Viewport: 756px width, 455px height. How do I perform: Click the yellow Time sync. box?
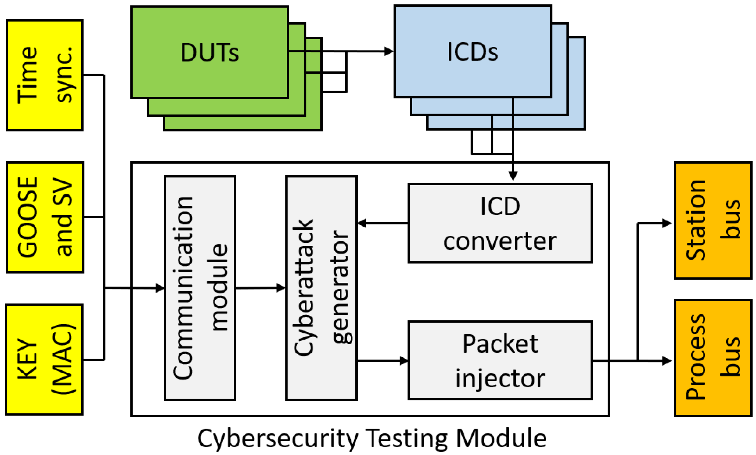[44, 75]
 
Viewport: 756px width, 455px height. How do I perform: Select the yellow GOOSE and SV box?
[45, 217]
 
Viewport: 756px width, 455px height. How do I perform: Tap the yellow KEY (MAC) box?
[44, 359]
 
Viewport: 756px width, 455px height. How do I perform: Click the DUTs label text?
[210, 52]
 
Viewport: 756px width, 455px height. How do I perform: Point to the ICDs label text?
[472, 52]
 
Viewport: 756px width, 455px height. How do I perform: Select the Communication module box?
[200, 288]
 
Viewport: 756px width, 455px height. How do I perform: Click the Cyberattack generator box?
[321, 288]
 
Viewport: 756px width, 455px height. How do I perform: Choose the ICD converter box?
[500, 223]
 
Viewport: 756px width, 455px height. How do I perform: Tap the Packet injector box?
[500, 360]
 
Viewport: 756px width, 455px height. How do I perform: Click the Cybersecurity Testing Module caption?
[372, 438]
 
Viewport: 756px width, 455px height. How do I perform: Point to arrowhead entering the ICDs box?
[389, 51]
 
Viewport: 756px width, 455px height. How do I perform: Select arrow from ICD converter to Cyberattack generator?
[382, 223]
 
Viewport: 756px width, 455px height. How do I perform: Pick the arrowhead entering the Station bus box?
[667, 223]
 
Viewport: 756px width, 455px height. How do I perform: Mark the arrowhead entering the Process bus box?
[667, 361]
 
